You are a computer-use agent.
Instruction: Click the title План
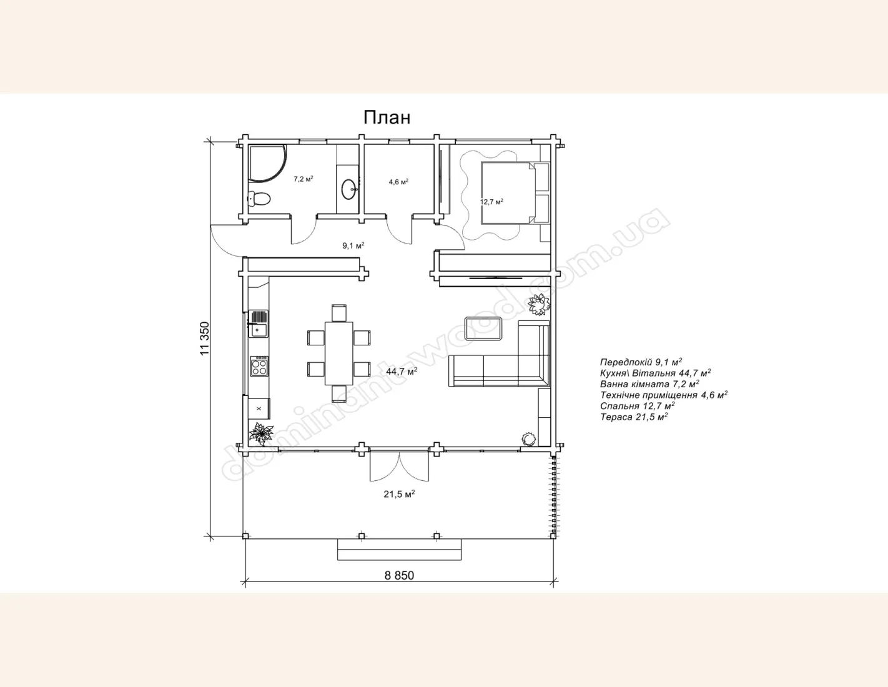[387, 117]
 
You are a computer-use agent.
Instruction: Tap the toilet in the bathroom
[259, 199]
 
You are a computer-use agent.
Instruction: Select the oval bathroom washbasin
[349, 189]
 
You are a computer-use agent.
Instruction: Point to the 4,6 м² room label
[398, 182]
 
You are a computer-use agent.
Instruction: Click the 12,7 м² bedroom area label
[491, 202]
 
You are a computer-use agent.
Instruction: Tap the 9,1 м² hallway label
[353, 245]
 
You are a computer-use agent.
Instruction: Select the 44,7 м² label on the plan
[402, 371]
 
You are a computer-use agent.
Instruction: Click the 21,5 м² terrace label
[399, 494]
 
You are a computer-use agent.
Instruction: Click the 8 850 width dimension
[399, 575]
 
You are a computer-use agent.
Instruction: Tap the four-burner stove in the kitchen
[260, 366]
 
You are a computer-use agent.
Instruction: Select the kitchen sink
[259, 324]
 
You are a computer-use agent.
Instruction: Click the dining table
[338, 353]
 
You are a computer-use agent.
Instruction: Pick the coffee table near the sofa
[483, 328]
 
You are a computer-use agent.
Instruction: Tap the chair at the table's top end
[339, 313]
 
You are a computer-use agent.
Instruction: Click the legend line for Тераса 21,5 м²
[634, 417]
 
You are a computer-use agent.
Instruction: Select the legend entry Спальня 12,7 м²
[637, 406]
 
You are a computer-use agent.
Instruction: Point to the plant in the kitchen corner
[261, 433]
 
